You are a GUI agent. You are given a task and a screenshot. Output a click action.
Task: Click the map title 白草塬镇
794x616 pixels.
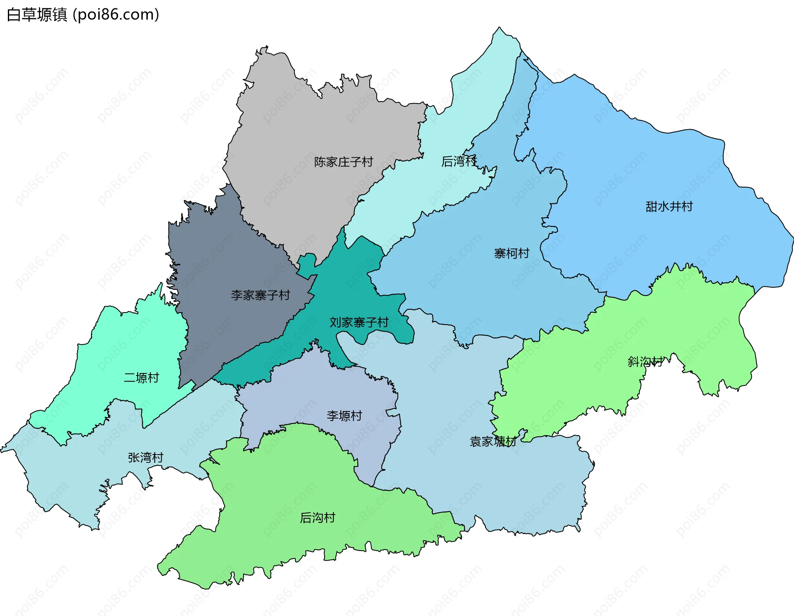37,15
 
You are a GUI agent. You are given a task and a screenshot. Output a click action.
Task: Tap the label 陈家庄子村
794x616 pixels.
343,162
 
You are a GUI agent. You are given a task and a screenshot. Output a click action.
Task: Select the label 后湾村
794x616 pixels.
459,161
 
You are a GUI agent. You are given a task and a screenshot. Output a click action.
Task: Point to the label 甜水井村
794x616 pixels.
669,206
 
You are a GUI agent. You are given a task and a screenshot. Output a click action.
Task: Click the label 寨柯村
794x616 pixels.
512,253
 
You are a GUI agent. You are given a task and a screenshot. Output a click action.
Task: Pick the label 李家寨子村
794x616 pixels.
260,295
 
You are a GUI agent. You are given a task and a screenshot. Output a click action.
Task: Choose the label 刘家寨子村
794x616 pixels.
359,322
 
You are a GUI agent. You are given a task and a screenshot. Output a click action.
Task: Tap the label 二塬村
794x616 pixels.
141,378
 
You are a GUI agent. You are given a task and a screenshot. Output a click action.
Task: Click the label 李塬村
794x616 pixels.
344,416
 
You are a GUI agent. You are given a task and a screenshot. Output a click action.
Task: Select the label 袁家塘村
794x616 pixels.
493,442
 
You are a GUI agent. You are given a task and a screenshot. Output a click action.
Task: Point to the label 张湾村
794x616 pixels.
145,457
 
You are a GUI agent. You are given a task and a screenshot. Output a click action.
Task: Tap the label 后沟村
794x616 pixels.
317,518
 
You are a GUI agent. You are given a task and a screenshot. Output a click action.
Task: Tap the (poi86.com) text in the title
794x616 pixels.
116,15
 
